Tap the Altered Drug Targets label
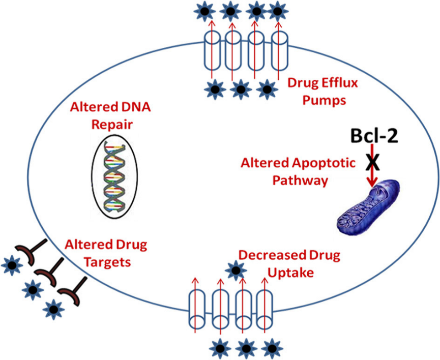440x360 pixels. coord(105,253)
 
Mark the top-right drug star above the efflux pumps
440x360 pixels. coord(278,10)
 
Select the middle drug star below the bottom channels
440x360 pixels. coord(246,348)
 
